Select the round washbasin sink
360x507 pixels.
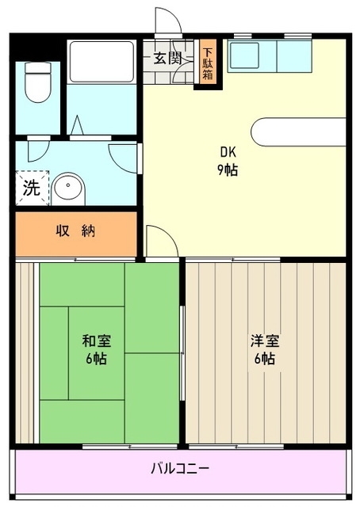click(x=68, y=189)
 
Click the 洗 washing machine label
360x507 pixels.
click(x=30, y=189)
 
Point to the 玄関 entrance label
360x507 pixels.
click(x=167, y=58)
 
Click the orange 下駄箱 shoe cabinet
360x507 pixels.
click(x=208, y=62)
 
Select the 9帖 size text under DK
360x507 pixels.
click(x=229, y=170)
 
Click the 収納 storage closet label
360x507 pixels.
click(x=75, y=231)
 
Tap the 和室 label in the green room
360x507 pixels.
click(x=96, y=341)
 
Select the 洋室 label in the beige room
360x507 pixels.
click(x=264, y=341)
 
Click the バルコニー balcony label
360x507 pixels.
click(x=181, y=468)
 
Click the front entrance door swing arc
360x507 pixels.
click(x=168, y=21)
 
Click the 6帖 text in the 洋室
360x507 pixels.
click(x=264, y=359)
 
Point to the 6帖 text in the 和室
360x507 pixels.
click(x=96, y=358)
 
